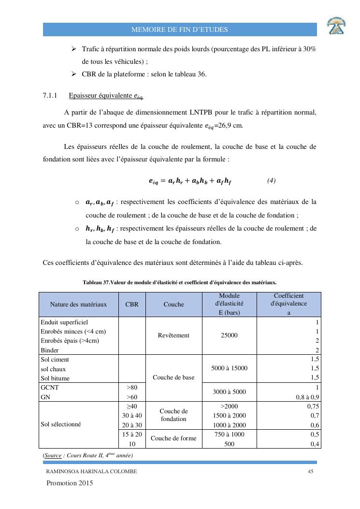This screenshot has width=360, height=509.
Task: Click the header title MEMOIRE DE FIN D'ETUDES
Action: point(180,30)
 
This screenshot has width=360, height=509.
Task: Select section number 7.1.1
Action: point(50,96)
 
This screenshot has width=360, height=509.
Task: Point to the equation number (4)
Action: point(271,181)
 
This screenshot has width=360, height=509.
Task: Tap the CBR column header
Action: point(132,305)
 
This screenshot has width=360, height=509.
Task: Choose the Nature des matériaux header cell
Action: point(78,305)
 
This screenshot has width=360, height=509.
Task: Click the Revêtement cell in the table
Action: point(173,335)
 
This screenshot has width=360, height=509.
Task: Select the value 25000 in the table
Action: point(229,335)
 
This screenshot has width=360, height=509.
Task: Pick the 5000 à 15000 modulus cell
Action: point(229,368)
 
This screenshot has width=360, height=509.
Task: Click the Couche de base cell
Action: point(173,378)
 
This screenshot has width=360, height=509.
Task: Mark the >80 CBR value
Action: point(132,387)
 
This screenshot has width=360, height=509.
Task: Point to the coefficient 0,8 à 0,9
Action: point(308,396)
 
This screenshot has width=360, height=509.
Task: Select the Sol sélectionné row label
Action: point(61,424)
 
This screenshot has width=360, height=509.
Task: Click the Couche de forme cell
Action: point(173,438)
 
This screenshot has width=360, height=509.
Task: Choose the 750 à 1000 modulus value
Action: point(229,434)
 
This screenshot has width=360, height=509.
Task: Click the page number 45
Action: point(311,472)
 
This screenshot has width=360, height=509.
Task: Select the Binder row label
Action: point(49,350)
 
